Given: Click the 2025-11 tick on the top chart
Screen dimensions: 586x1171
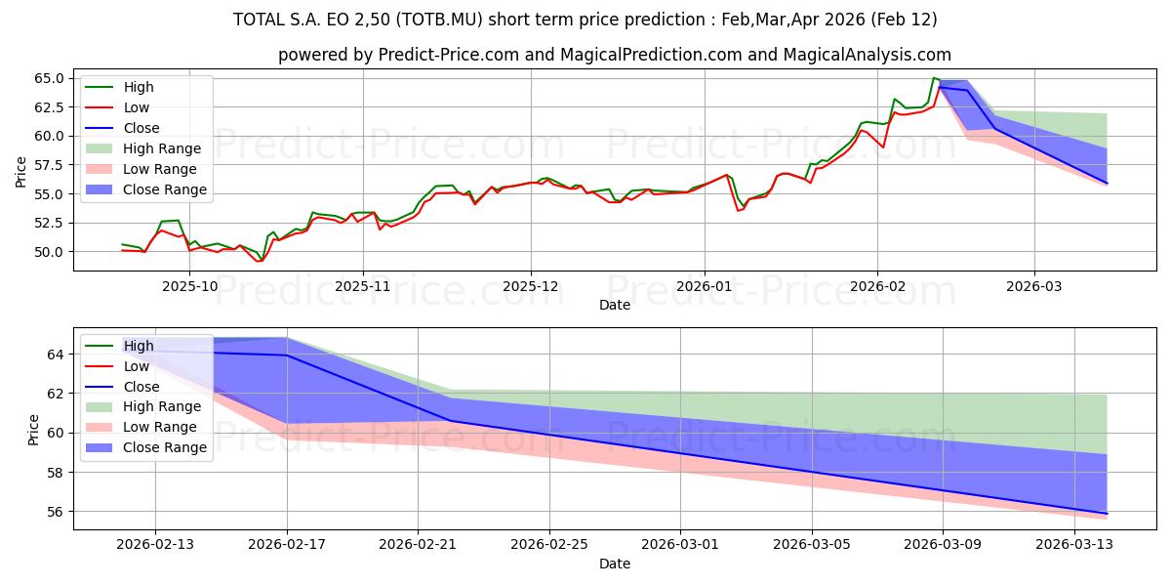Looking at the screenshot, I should pyautogui.click(x=363, y=286).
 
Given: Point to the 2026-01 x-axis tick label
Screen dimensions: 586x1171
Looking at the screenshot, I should pyautogui.click(x=704, y=286).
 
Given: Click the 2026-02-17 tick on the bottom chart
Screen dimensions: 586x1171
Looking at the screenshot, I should pyautogui.click(x=286, y=545).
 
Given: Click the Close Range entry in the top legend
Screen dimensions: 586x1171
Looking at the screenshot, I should pyautogui.click(x=165, y=189).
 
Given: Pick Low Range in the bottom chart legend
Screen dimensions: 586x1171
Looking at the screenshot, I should pyautogui.click(x=161, y=427).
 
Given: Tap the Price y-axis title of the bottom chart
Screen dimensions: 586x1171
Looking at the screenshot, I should pyautogui.click(x=34, y=429).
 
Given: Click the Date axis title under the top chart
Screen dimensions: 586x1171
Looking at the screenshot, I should pyautogui.click(x=615, y=306).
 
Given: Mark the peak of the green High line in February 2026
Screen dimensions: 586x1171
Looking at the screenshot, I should pyautogui.click(x=934, y=78).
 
